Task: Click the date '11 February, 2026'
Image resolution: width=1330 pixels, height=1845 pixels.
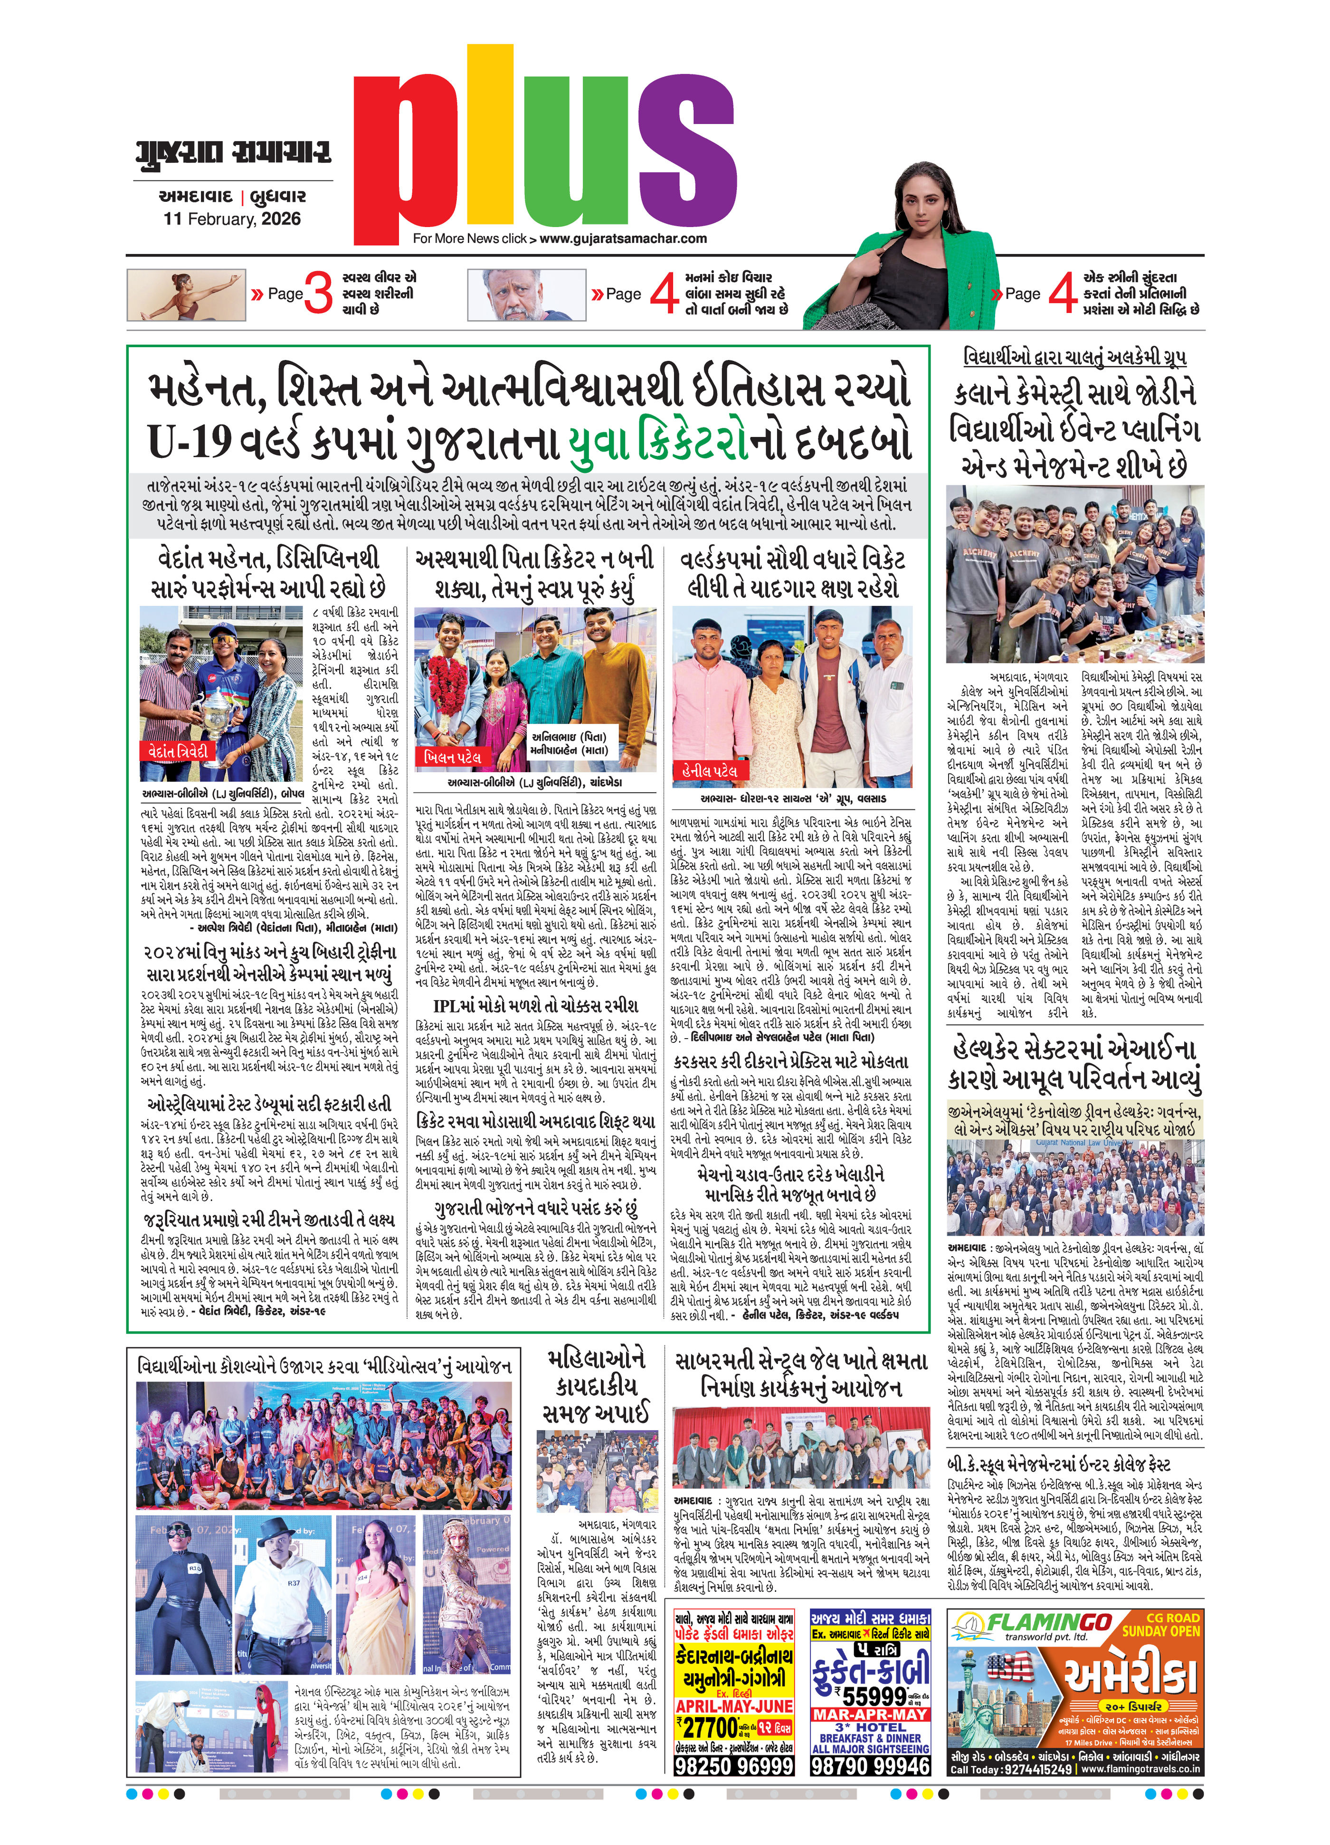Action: tap(232, 219)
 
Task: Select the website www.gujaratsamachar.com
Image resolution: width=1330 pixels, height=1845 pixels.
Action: tap(623, 238)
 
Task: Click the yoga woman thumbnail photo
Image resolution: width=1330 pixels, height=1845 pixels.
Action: tap(186, 294)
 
